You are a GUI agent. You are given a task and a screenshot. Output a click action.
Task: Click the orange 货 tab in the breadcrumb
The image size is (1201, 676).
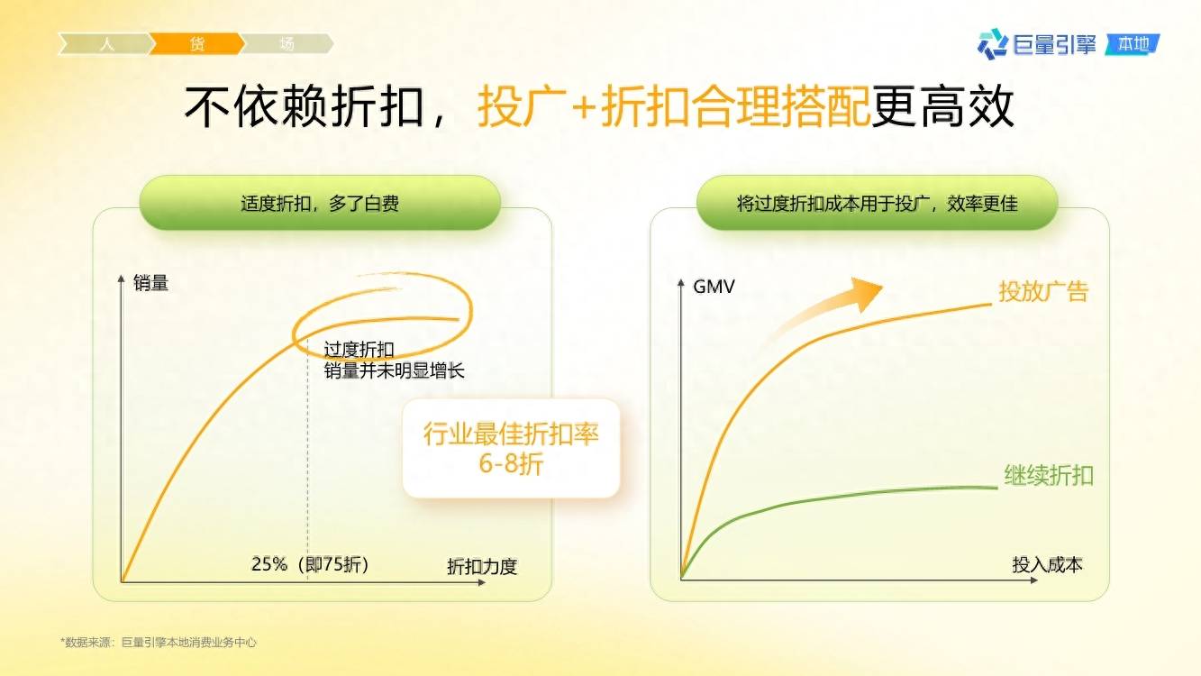coord(196,44)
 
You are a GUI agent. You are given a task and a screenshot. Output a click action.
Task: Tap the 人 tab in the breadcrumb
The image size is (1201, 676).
coord(106,44)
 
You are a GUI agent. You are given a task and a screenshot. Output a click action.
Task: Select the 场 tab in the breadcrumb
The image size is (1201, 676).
coord(287,44)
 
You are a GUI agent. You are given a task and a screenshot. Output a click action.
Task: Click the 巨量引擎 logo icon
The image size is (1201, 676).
coord(993,44)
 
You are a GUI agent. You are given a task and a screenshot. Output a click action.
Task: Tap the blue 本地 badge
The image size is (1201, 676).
coord(1132,44)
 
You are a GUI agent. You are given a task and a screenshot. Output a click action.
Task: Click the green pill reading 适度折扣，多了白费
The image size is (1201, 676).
coord(320,204)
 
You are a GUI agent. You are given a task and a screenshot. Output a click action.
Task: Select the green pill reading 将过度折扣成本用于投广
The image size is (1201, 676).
coord(878,204)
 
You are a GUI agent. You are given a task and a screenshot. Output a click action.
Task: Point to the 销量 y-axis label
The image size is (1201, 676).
coord(150,283)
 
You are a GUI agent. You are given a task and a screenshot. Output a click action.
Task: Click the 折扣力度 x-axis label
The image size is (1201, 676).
coord(482,567)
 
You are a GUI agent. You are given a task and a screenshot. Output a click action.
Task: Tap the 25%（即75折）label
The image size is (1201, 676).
coord(311,564)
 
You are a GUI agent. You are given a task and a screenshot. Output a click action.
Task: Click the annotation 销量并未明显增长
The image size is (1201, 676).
coord(394,370)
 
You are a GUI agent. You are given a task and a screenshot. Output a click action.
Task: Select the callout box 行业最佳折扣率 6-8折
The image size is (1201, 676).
coord(511,449)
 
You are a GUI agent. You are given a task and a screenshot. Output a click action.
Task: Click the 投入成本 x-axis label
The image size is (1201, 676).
coord(1047,564)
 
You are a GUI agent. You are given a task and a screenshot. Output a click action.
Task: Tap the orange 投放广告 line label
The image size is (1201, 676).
coord(1043,291)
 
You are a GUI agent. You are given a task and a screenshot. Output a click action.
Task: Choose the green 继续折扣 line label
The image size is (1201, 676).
coord(1049,475)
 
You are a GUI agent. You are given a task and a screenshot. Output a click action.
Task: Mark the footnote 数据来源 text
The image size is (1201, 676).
coord(159,642)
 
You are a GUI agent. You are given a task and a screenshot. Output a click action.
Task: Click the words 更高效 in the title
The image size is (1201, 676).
coord(942,106)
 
